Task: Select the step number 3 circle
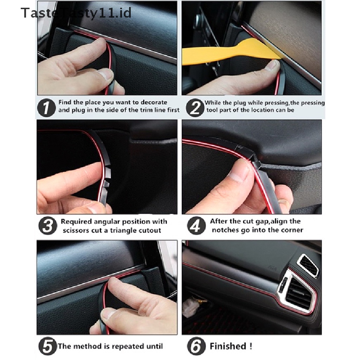(x=47, y=226)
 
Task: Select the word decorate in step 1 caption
(x=153, y=102)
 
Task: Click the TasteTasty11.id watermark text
(x=76, y=13)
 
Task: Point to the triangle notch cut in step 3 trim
(x=108, y=183)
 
